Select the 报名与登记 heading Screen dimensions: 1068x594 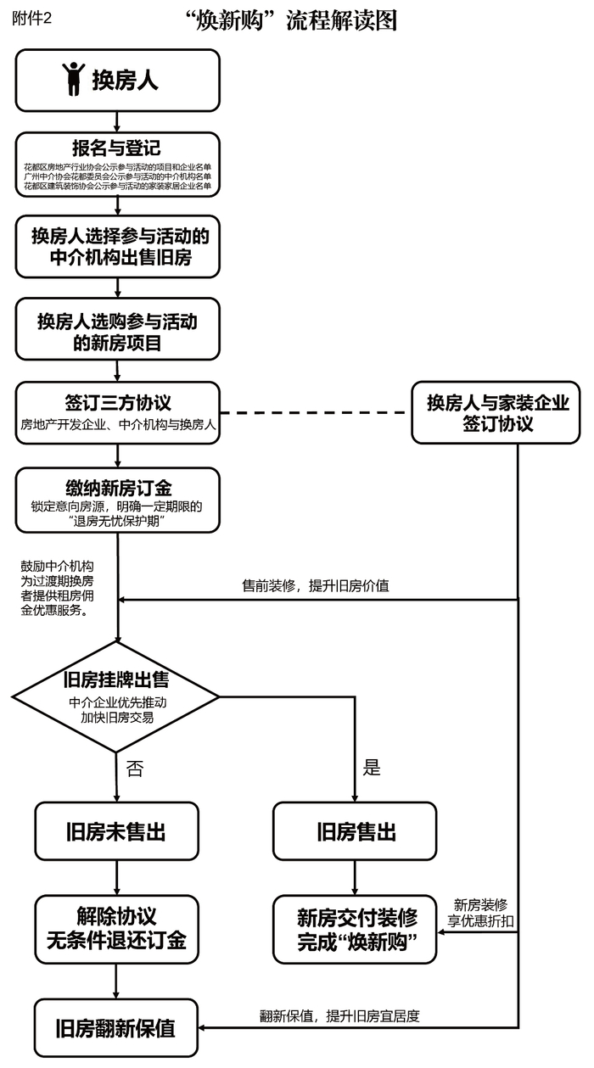[117, 147]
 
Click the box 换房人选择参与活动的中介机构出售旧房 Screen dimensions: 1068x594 [117, 246]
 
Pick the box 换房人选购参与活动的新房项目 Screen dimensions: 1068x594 [117, 332]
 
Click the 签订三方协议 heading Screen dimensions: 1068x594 [117, 402]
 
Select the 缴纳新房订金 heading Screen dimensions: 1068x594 [117, 487]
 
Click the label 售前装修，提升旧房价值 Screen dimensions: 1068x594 [316, 586]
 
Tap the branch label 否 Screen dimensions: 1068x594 [135, 769]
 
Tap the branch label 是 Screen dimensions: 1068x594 [372, 769]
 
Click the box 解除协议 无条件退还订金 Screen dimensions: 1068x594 [117, 929]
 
